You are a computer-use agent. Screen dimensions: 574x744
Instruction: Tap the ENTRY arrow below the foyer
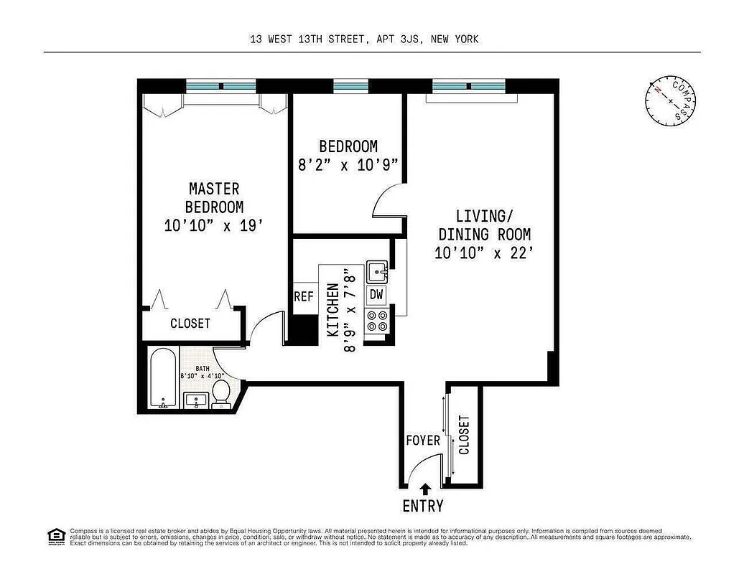[x=424, y=489]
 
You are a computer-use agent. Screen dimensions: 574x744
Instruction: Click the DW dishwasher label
[x=376, y=294]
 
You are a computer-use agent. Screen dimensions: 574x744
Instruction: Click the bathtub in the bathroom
[x=164, y=378]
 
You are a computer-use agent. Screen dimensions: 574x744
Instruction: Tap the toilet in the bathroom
[x=222, y=393]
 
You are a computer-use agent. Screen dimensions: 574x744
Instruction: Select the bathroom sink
[x=195, y=401]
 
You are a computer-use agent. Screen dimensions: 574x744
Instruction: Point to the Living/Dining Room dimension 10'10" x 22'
[x=483, y=253]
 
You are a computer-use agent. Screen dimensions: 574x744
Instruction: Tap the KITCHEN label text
[x=333, y=310]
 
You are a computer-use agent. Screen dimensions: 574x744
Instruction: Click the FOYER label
[x=423, y=440]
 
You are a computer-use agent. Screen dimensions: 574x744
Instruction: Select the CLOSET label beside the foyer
[x=464, y=435]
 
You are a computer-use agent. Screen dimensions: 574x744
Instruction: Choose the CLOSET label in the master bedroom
[x=190, y=324]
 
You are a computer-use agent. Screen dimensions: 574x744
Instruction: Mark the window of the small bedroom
[x=350, y=86]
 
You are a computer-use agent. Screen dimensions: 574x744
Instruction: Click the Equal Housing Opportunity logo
[x=55, y=535]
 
